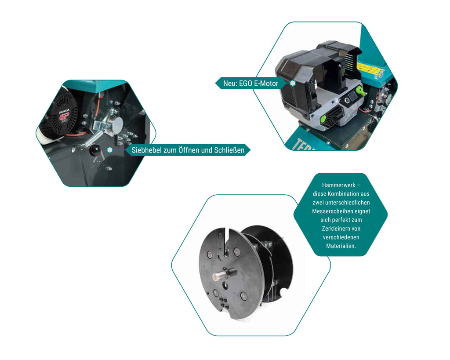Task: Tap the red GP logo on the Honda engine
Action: pyautogui.click(x=64, y=116)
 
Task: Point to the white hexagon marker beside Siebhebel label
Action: pyautogui.click(x=109, y=150)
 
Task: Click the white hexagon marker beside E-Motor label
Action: pyautogui.click(x=292, y=83)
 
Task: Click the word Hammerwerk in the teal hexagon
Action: pyautogui.click(x=339, y=185)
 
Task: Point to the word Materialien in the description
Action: pyautogui.click(x=341, y=246)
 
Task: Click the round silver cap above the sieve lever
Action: pyautogui.click(x=117, y=124)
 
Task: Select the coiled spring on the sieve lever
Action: pyautogui.click(x=91, y=139)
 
